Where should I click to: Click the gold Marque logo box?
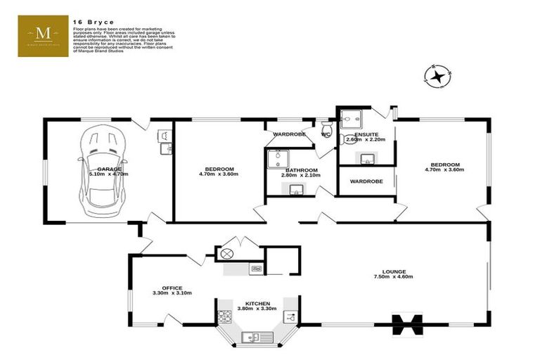[x=43, y=36]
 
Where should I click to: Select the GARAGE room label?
[x=109, y=169]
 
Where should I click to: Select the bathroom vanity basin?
[x=296, y=189]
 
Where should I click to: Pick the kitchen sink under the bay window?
[x=250, y=337]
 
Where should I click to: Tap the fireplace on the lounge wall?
[x=407, y=324]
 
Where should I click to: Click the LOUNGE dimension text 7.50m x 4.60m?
[x=393, y=277]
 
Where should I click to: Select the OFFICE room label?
[x=172, y=288]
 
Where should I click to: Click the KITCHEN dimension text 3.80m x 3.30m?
[x=256, y=308]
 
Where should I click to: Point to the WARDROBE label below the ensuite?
[x=366, y=181]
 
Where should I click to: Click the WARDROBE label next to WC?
[x=288, y=134]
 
